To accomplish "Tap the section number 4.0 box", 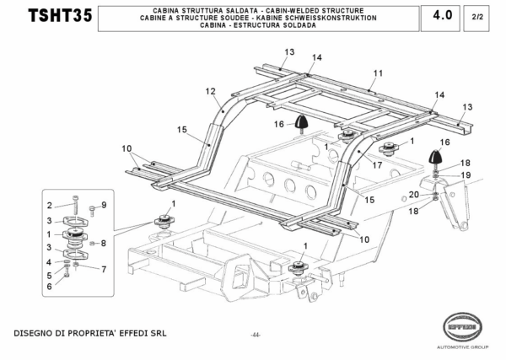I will (441, 15).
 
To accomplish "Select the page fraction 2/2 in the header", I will (477, 16).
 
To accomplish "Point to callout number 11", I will (378, 73).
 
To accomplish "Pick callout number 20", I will (413, 195).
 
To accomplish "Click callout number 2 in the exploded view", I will (50, 205).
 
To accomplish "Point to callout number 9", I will (104, 205).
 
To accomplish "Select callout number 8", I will (104, 243).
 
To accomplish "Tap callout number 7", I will (104, 270).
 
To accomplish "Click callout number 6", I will (50, 287).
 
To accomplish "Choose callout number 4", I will (50, 263).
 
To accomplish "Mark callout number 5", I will (50, 275).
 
